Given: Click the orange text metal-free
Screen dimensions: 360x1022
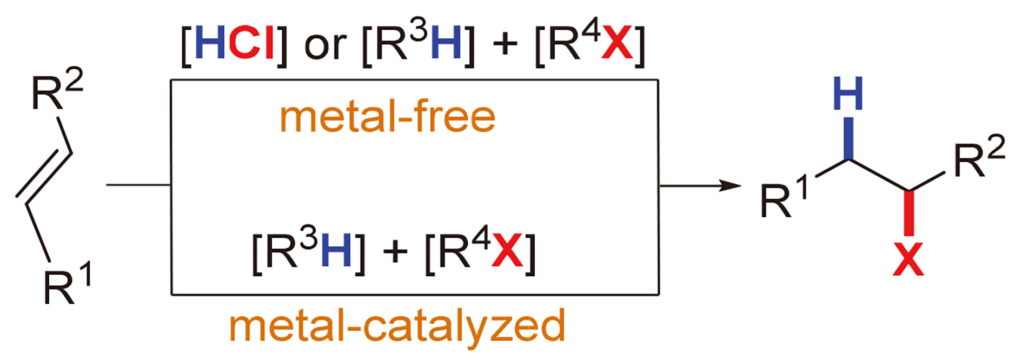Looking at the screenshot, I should point(387,117).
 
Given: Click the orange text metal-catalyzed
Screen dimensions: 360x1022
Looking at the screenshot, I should point(397,326).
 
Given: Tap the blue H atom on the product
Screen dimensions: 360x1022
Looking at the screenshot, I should point(848,94).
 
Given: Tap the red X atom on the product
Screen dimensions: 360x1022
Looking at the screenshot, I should point(908,260).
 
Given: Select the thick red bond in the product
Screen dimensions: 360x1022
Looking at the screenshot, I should point(909,213).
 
